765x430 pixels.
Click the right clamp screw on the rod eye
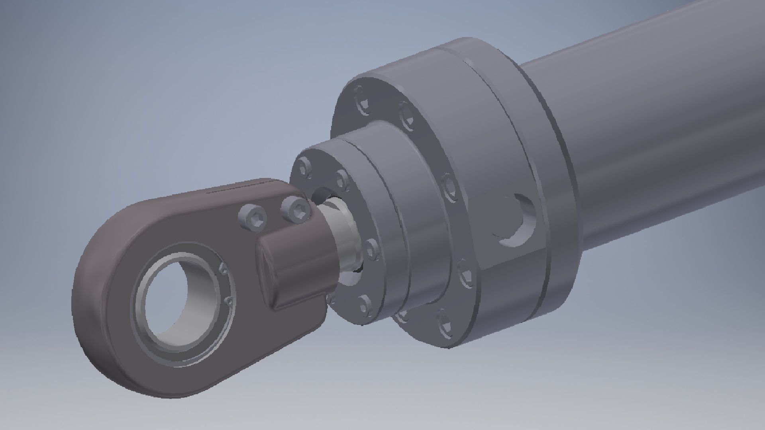point(296,210)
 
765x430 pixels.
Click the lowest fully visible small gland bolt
point(364,305)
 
